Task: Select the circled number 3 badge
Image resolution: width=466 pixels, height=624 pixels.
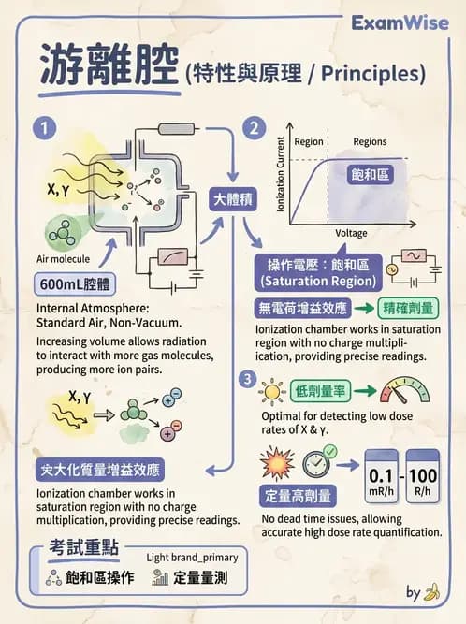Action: click(x=246, y=379)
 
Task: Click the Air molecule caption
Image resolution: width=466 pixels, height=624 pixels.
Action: click(x=63, y=257)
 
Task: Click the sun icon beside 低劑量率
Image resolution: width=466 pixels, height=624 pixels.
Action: click(x=272, y=390)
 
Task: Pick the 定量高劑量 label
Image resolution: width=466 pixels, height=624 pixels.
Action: click(x=297, y=496)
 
